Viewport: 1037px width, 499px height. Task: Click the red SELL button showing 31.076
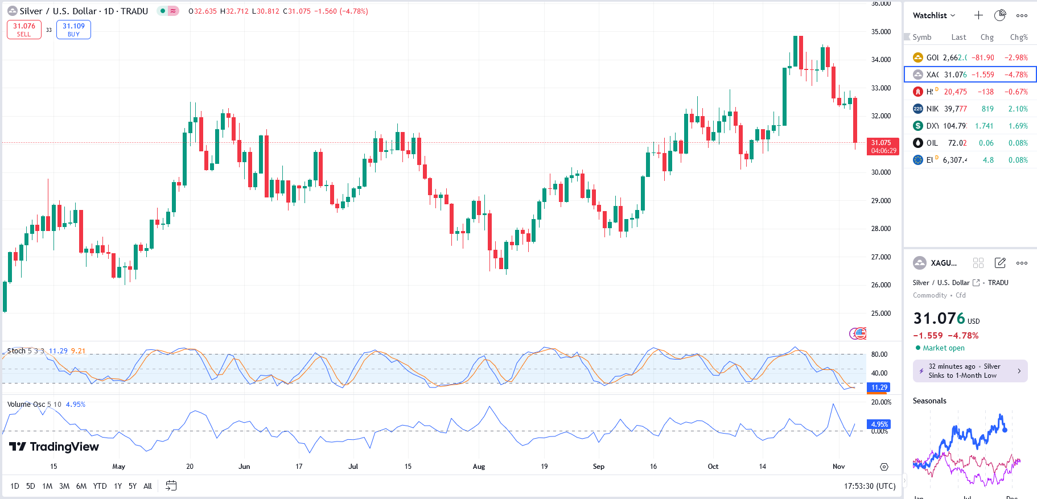click(x=24, y=30)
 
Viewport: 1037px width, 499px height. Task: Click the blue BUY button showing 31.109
click(x=73, y=30)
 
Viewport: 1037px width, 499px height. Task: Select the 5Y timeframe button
click(x=133, y=486)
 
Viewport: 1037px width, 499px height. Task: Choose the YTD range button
click(x=100, y=486)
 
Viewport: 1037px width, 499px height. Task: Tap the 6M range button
click(x=81, y=486)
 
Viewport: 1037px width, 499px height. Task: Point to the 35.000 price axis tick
click(x=880, y=32)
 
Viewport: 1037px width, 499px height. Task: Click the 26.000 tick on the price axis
click(x=880, y=285)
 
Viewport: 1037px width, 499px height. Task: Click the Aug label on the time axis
click(x=479, y=467)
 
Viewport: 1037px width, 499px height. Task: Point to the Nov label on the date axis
click(x=838, y=467)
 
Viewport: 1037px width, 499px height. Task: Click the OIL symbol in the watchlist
click(x=932, y=143)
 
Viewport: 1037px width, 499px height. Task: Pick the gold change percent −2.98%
click(x=1016, y=57)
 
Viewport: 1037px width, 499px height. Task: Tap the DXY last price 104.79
click(x=954, y=126)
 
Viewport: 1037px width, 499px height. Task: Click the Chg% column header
click(x=1018, y=38)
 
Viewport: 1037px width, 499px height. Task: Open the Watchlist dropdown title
click(x=934, y=15)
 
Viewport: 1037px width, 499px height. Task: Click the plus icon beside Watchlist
click(x=978, y=15)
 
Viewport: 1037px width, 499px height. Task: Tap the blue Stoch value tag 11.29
click(x=879, y=387)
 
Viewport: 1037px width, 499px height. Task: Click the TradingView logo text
click(x=55, y=447)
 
